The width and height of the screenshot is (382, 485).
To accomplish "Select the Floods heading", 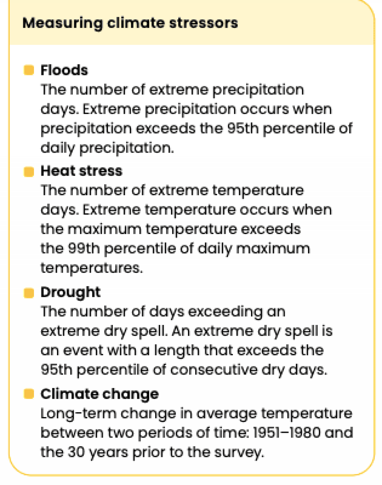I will [x=64, y=70].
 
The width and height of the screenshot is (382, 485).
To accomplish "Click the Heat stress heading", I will [x=81, y=171].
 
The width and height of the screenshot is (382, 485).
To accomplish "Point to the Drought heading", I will [x=71, y=292].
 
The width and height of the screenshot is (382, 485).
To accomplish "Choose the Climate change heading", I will [x=100, y=394].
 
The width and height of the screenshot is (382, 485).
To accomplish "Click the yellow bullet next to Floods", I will [x=29, y=70].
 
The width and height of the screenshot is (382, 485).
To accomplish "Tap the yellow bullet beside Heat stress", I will [x=29, y=172].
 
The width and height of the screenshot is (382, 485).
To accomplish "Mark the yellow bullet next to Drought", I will [x=29, y=293].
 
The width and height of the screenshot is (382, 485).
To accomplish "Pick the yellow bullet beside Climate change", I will [x=29, y=394].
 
